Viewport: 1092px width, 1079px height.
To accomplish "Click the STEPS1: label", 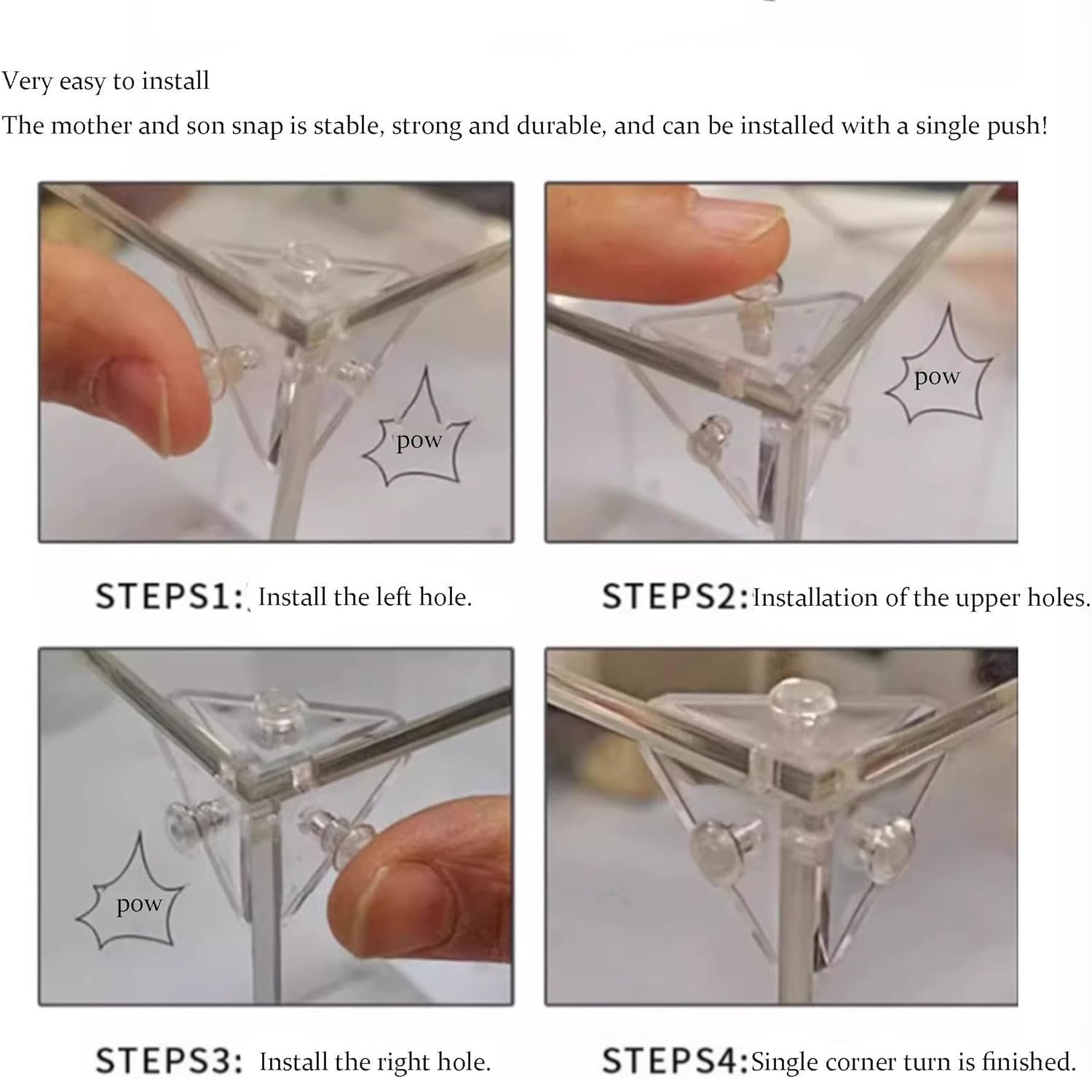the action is click(x=169, y=597).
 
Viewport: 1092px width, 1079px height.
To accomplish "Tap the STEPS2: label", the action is click(x=676, y=597).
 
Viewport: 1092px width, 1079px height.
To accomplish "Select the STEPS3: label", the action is click(x=169, y=1061).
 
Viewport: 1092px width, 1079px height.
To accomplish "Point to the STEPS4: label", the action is click(x=676, y=1061).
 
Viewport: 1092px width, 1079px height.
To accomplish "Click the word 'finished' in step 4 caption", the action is click(x=1028, y=1061).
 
